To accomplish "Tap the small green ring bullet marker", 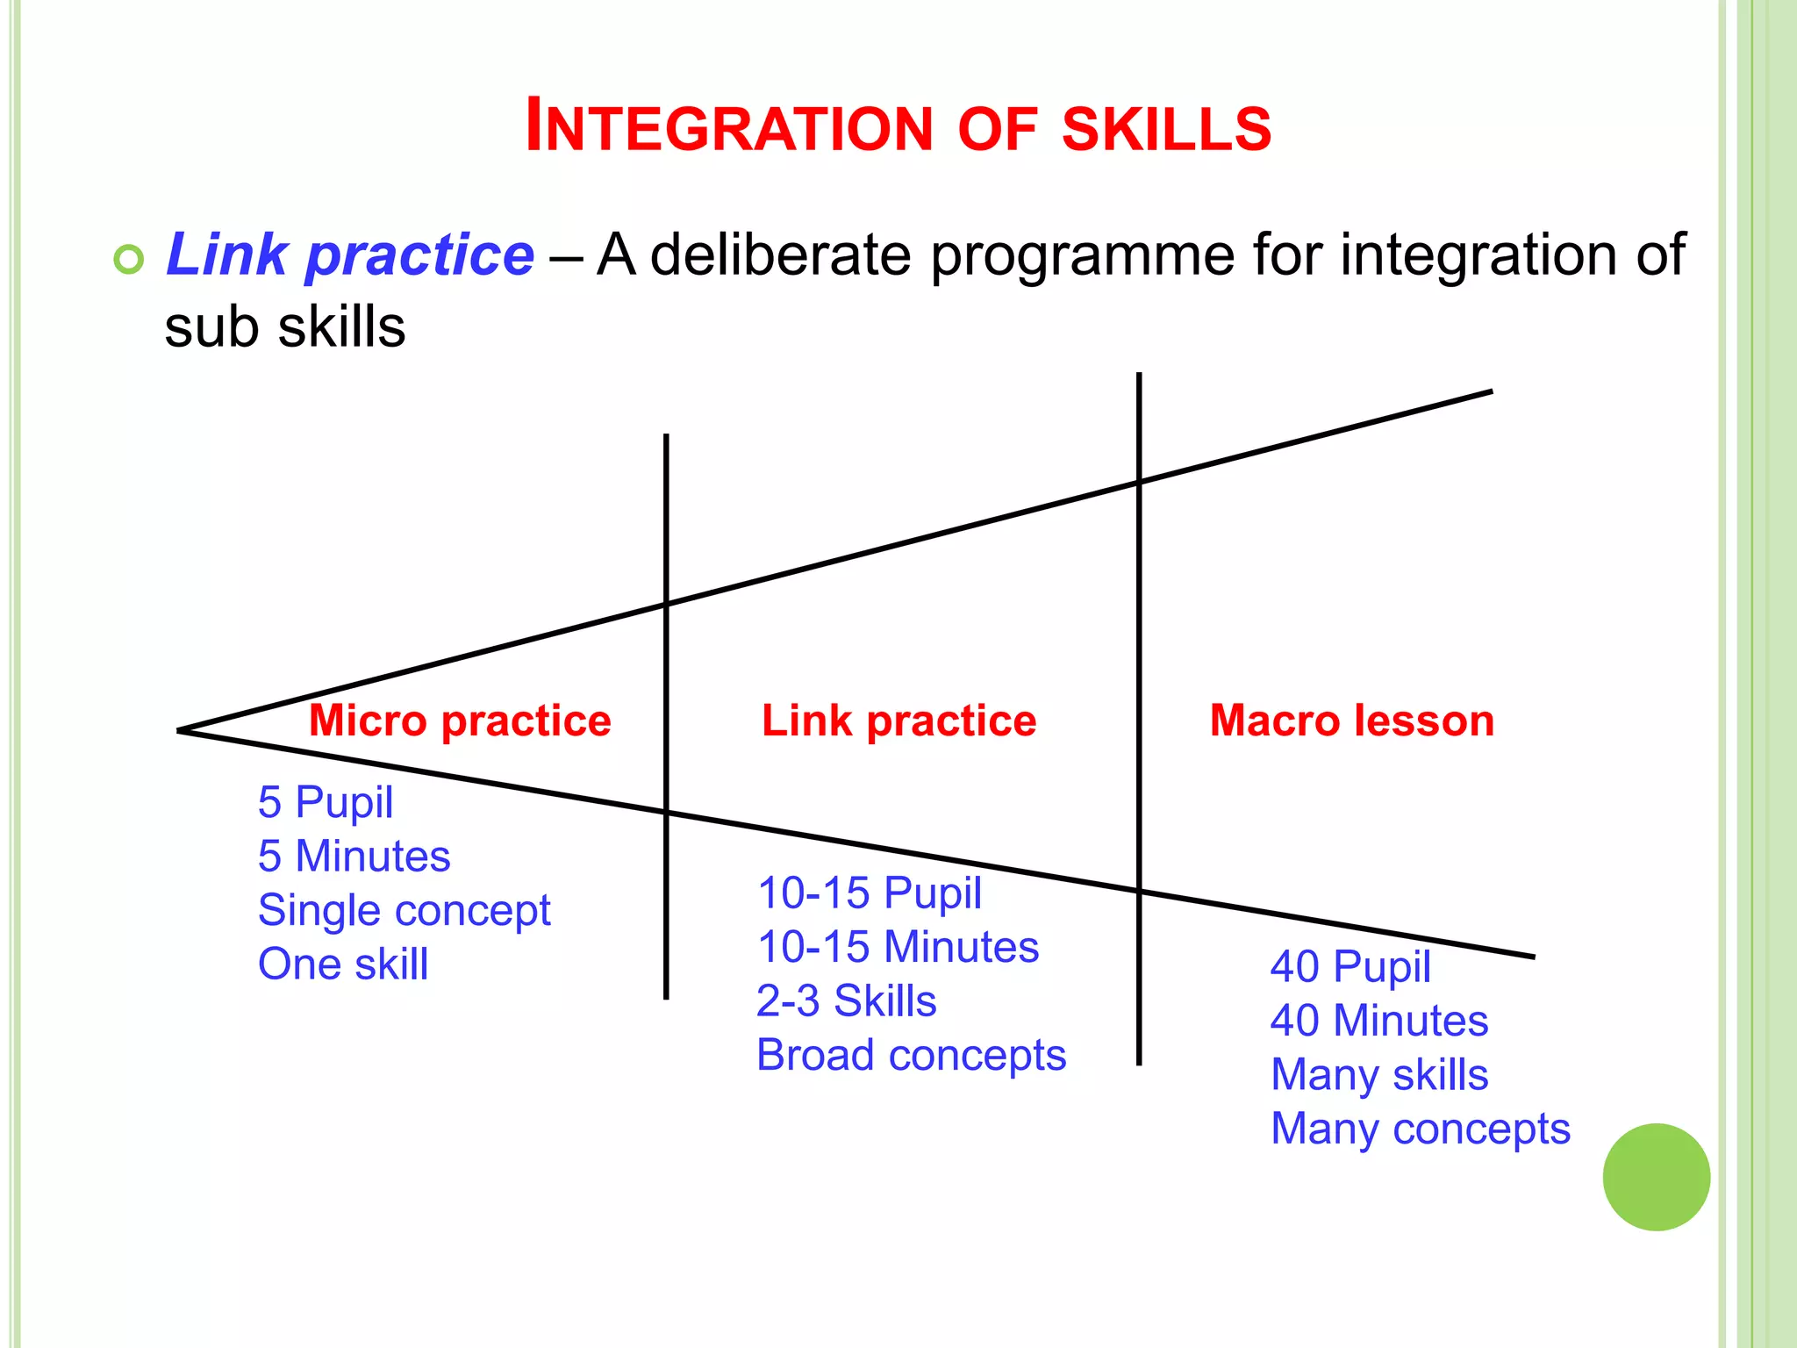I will tap(129, 260).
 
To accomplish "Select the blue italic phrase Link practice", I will tap(349, 255).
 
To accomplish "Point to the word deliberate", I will tap(781, 255).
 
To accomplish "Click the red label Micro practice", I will tap(460, 721).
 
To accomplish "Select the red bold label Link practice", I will tap(898, 721).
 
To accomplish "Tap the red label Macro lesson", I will tap(1351, 721).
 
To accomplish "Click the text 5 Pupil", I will tap(326, 802).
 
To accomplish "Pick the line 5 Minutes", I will tap(354, 856).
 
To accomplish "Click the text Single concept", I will tap(404, 910).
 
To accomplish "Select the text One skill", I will tap(343, 964).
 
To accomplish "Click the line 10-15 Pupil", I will tap(869, 893).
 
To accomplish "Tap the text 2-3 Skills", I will tap(846, 1000).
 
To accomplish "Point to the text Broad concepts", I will tap(911, 1055).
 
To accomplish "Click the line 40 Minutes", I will tap(1378, 1021).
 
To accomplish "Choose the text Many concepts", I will tap(1420, 1129).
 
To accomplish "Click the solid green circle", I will tap(1656, 1177).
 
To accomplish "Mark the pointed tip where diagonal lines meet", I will tap(180, 730).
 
